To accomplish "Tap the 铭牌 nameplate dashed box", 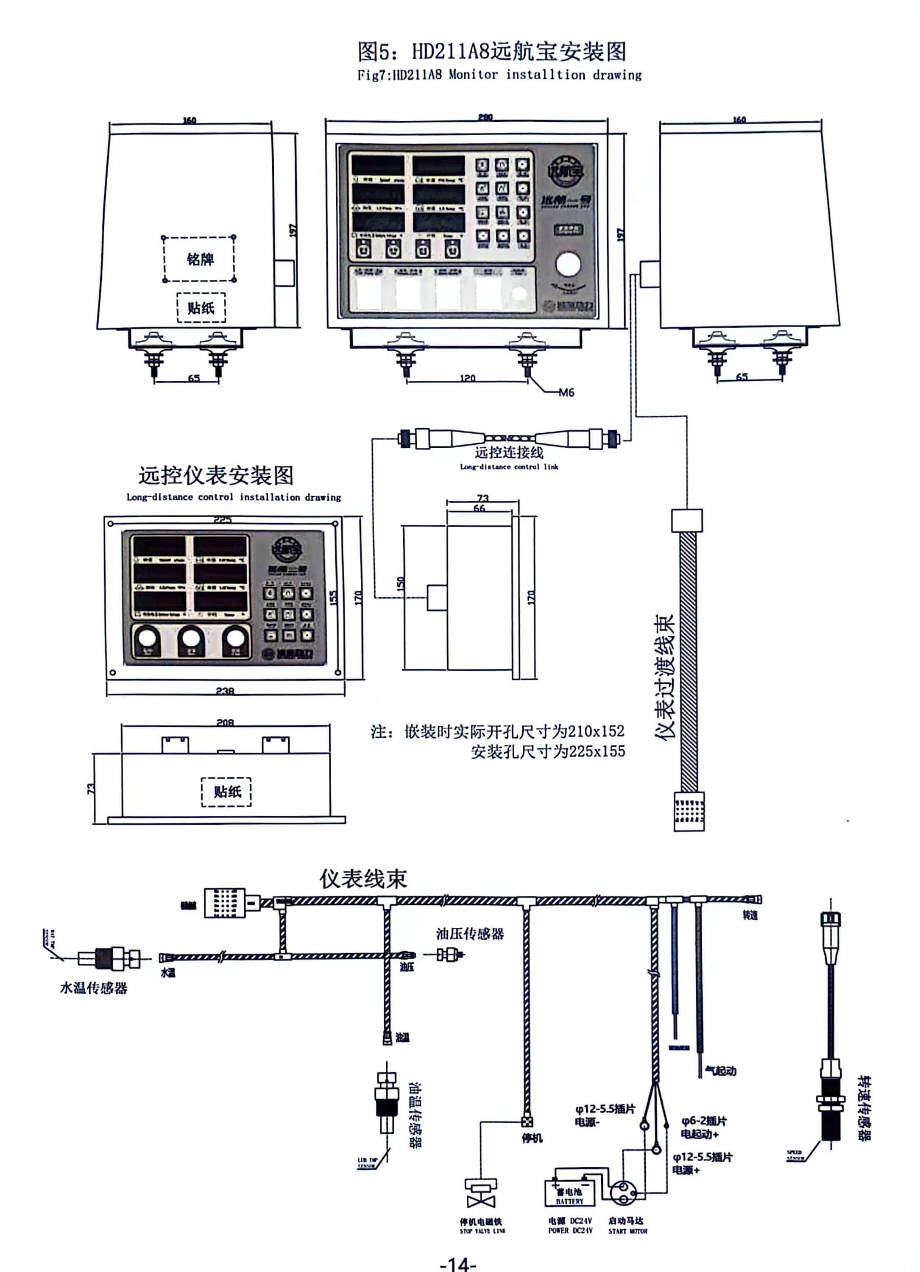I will tap(199, 259).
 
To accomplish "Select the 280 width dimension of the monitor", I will tap(485, 117).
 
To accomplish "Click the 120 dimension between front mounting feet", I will tap(467, 378).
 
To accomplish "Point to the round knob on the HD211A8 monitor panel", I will tap(568, 264).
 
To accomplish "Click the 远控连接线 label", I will tap(508, 452).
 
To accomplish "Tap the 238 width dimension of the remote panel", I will tap(225, 691).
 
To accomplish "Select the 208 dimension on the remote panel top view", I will tap(225, 722).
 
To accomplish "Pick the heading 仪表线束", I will tap(363, 878).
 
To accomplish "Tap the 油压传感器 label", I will tap(470, 933).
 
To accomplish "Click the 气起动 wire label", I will tap(720, 1071).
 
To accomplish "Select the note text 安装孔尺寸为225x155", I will tap(548, 751).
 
